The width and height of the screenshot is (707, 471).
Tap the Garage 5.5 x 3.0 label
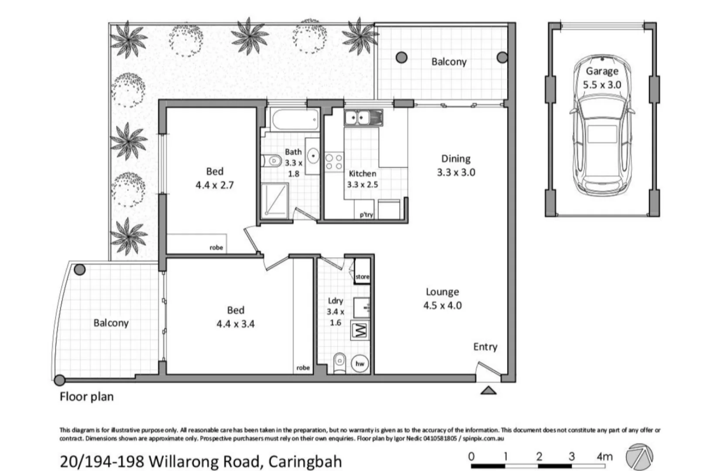point(602,78)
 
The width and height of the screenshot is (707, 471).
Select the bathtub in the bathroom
point(295,119)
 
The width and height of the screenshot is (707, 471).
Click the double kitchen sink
point(363,118)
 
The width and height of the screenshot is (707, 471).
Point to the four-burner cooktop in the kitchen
point(334,161)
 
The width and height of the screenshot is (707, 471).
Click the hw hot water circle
point(360,364)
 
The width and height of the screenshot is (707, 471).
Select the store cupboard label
point(362,276)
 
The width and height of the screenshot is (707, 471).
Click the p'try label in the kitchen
point(366,215)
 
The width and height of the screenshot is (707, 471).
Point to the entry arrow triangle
point(488,390)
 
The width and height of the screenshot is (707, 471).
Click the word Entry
point(485,347)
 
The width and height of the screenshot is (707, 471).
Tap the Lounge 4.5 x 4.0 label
point(442,299)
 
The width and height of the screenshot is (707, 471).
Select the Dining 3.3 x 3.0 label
point(456,165)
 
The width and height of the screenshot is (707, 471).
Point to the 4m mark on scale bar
point(604,457)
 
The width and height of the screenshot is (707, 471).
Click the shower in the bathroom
point(275,200)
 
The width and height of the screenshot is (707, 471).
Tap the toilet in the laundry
point(340,363)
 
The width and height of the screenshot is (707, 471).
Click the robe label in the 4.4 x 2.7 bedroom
point(216,248)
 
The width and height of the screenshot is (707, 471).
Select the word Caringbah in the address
point(305,461)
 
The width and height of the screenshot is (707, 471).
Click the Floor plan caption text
point(86,397)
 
